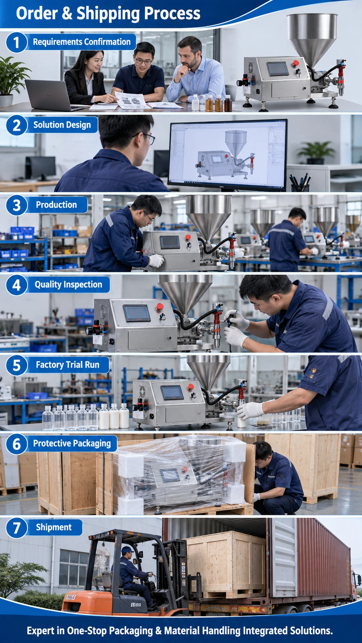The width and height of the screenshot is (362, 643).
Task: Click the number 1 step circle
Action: pyautogui.click(x=17, y=42)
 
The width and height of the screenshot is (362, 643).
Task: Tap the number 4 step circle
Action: pyautogui.click(x=17, y=285)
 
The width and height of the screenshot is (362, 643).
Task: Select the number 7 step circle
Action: pyautogui.click(x=17, y=528)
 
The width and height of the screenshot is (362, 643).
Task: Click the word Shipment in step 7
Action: pyautogui.click(x=54, y=527)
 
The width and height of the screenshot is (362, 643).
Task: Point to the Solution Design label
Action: pyautogui.click(x=62, y=125)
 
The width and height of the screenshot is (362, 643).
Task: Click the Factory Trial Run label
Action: pyautogui.click(x=68, y=365)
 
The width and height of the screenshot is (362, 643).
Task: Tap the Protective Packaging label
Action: pyautogui.click(x=72, y=444)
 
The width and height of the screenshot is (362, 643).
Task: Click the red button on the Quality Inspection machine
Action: pyautogui.click(x=160, y=306)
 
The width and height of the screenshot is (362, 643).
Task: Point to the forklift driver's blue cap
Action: pyautogui.click(x=127, y=549)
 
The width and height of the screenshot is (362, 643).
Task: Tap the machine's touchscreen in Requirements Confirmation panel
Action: pyautogui.click(x=278, y=69)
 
